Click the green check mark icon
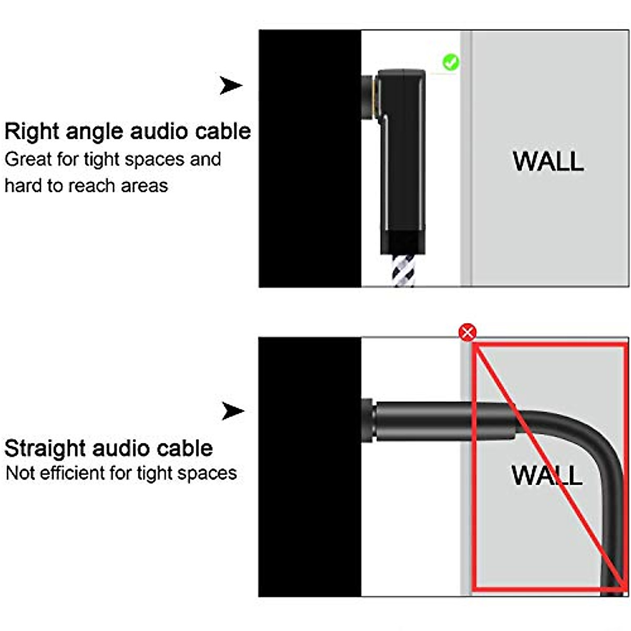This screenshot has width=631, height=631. pyautogui.click(x=450, y=63)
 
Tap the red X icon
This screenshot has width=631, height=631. pyautogui.click(x=467, y=332)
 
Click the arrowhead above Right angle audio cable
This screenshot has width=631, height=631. pyautogui.click(x=231, y=85)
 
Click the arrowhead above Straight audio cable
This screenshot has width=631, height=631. pyautogui.click(x=232, y=411)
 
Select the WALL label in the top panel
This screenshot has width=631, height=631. pyautogui.click(x=548, y=161)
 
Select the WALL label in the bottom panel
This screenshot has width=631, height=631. pyautogui.click(x=547, y=475)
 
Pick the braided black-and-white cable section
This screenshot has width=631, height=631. pyautogui.click(x=403, y=270)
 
